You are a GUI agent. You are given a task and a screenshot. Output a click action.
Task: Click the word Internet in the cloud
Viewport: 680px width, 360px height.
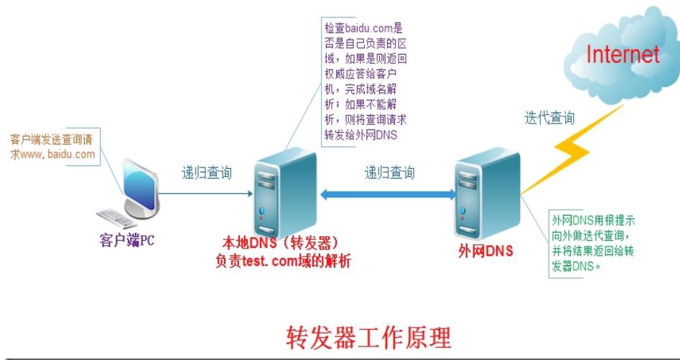point(622,54)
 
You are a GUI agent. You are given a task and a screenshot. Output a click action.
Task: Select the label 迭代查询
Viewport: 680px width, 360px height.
point(549,119)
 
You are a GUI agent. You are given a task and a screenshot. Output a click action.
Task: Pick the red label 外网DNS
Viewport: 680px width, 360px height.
point(485,251)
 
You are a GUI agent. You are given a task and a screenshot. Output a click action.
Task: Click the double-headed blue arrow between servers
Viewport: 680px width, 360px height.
point(388,193)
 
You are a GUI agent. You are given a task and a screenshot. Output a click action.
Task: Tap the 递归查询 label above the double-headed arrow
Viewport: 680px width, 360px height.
point(389,172)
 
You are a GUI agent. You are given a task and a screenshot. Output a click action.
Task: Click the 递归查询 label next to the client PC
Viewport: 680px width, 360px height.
point(206,172)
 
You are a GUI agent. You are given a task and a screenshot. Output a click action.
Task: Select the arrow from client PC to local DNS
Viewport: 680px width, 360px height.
point(205,193)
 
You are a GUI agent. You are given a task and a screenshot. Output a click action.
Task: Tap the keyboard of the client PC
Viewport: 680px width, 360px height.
point(116,218)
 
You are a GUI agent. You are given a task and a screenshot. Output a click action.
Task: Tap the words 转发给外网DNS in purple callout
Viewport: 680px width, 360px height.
point(360,135)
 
